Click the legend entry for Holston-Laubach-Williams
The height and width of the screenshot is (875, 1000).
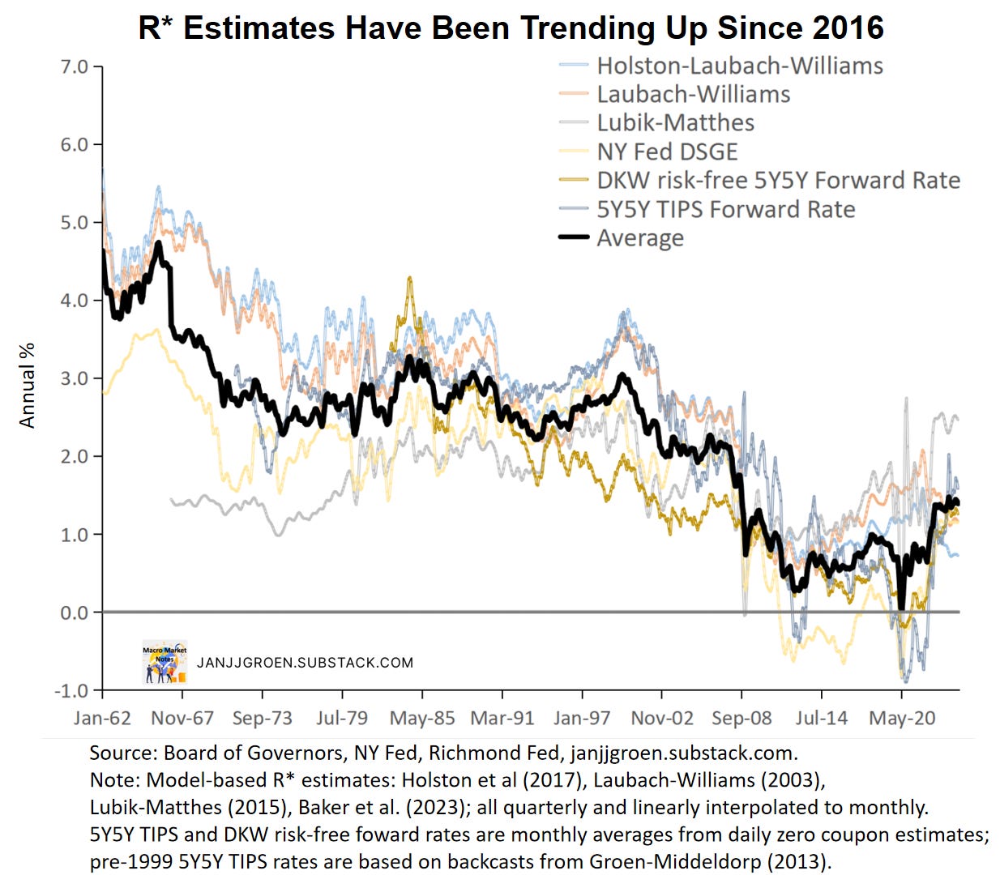pos(739,66)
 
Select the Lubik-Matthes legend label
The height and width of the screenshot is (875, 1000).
pos(675,123)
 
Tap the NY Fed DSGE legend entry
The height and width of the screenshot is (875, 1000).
pos(667,152)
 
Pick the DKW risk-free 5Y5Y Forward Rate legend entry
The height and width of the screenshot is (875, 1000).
pos(778,180)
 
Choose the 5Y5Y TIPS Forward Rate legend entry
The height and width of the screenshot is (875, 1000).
pos(725,209)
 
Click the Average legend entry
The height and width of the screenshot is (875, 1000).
pos(639,238)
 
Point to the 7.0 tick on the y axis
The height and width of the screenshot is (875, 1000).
pos(75,66)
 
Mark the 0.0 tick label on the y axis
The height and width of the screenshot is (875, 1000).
pos(75,612)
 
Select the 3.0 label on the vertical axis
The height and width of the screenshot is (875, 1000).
pos(75,378)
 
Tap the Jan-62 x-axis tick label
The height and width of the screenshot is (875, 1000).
pos(102,718)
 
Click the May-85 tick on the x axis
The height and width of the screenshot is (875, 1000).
pos(422,718)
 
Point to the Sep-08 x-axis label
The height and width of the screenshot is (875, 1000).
pos(741,718)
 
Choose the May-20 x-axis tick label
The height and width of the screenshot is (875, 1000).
pos(902,718)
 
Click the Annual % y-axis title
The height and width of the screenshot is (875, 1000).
pos(28,386)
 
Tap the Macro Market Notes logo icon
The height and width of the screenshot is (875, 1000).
pos(165,662)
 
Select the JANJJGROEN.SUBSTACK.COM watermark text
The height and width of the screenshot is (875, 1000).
pos(305,663)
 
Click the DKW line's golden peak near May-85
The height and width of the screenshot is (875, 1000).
pos(410,279)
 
